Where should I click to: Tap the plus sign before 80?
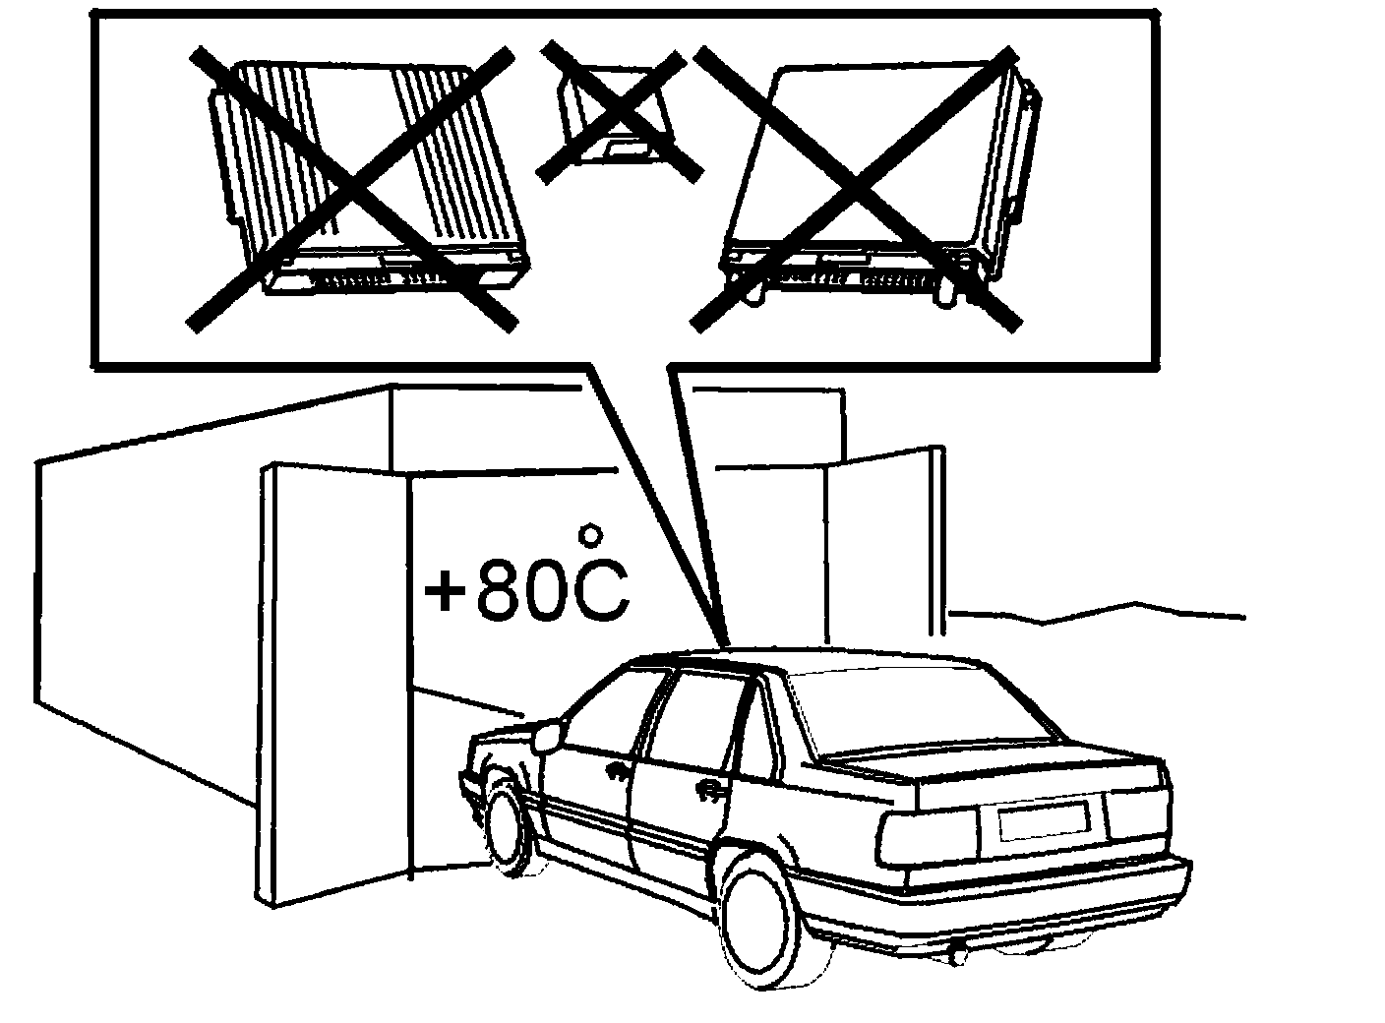[444, 595]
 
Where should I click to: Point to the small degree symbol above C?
[590, 534]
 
